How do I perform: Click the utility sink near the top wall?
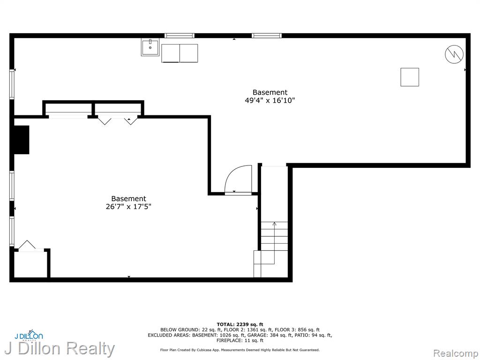[x=150, y=47]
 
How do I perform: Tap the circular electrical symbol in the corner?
[x=454, y=54]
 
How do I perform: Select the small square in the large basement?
[x=410, y=77]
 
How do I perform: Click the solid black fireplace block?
[x=22, y=140]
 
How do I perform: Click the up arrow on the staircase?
[x=274, y=242]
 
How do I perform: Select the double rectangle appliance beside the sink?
[x=180, y=53]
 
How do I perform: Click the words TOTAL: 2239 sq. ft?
[x=240, y=324]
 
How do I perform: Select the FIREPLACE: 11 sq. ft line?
[x=240, y=340]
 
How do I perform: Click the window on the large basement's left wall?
[x=12, y=84]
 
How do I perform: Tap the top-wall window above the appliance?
[x=180, y=36]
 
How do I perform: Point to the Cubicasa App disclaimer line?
[x=240, y=350]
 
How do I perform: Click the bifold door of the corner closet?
[x=27, y=246]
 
